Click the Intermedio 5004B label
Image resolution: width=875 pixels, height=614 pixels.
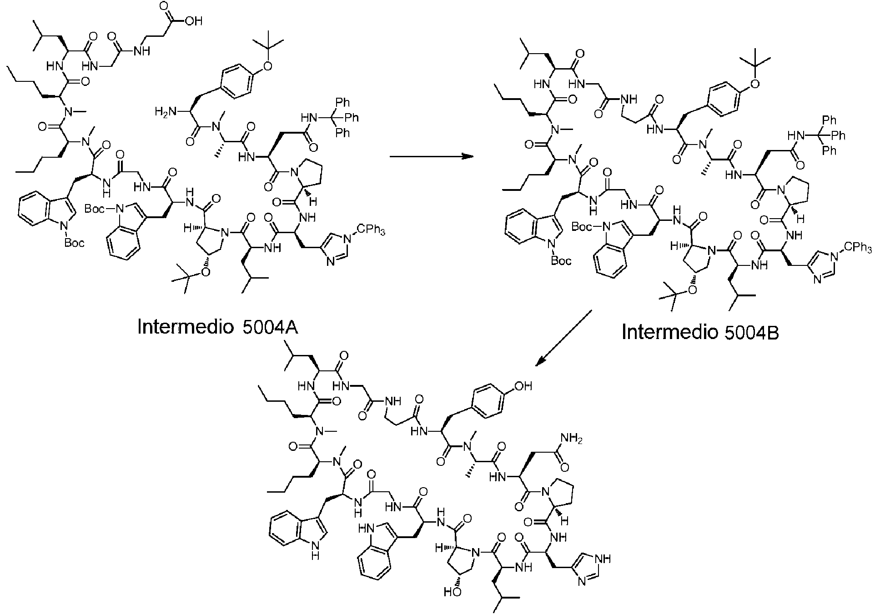coord(700,332)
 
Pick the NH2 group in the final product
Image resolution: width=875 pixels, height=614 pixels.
coord(570,439)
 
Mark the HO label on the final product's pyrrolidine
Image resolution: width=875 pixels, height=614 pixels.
coord(452,592)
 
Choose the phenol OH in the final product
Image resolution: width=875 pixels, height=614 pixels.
coord(523,386)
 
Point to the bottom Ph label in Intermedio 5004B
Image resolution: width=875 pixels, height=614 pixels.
coord(829,150)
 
